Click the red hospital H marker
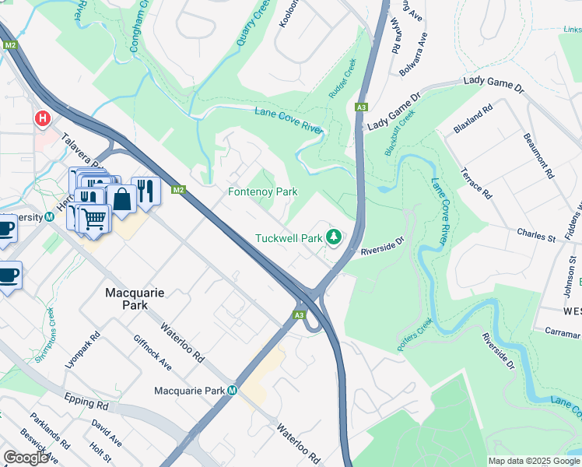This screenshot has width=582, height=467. pos(43,119)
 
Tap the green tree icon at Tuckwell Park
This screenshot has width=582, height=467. pos(334,236)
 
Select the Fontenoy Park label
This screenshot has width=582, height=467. pos(262,191)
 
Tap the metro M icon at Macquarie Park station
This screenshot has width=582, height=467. pos(233,391)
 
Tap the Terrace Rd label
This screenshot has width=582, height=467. pos(477,183)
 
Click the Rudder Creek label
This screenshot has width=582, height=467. pos(342,79)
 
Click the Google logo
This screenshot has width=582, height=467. pos(26,458)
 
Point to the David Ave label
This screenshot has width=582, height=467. pos(106,434)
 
